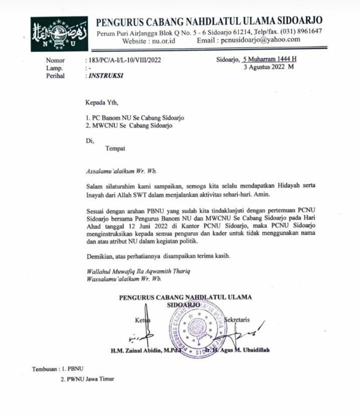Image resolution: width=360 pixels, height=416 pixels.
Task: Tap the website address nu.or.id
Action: [x=164, y=40]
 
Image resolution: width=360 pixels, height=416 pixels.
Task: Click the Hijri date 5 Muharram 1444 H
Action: [x=269, y=59]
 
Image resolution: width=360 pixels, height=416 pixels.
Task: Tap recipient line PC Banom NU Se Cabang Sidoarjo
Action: [x=135, y=118]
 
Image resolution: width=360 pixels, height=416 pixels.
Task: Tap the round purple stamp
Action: [x=194, y=328]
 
